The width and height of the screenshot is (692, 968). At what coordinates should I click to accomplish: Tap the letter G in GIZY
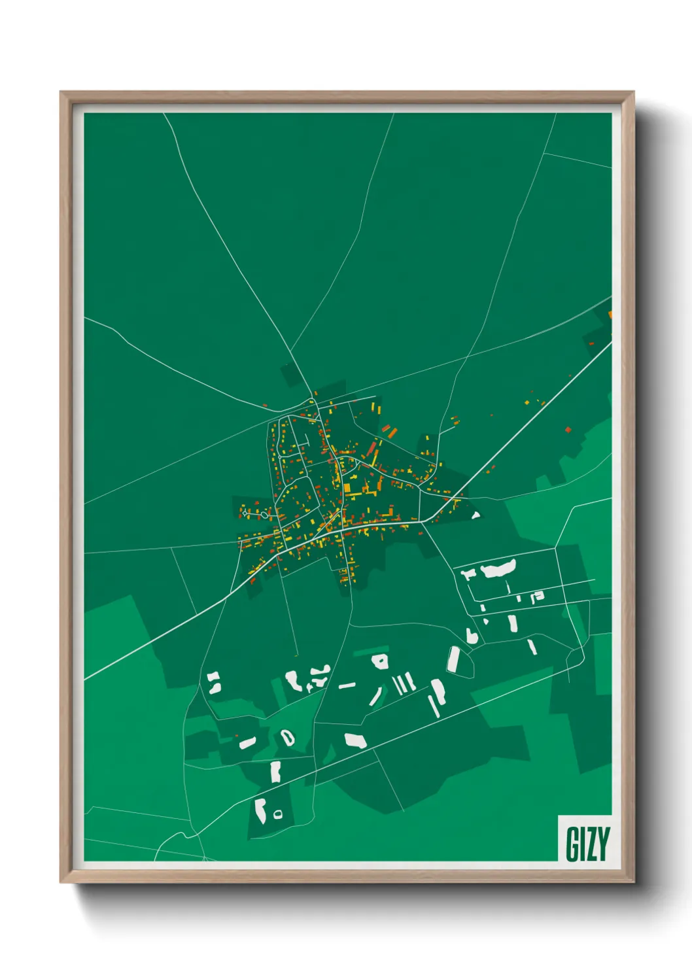[571, 844]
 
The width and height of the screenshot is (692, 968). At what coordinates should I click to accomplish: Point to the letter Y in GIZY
[602, 844]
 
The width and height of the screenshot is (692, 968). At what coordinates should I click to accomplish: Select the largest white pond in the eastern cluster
[498, 568]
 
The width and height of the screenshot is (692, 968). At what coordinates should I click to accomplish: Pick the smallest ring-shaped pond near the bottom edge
[278, 814]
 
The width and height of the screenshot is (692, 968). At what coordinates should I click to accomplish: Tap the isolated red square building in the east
[568, 430]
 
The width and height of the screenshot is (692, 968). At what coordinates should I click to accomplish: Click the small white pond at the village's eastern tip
[476, 515]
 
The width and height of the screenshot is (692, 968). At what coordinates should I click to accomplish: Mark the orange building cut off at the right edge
[610, 315]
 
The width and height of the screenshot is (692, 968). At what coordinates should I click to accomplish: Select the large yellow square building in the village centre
[347, 487]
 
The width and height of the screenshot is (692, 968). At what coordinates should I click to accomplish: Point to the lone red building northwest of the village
[265, 405]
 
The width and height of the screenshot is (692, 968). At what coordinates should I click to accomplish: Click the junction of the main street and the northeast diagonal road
[426, 521]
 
